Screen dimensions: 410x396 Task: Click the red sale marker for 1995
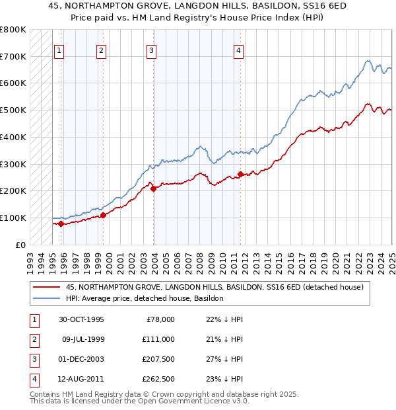[61, 224]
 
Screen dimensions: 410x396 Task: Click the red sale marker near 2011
[240, 174]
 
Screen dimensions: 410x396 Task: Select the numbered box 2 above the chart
[101, 50]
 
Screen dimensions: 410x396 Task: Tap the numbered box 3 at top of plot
[151, 50]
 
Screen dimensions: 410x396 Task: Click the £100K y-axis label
[13, 218]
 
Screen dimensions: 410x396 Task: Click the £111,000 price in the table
[158, 339]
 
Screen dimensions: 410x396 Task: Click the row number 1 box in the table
[33, 319]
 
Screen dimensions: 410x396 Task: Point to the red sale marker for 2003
[154, 188]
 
